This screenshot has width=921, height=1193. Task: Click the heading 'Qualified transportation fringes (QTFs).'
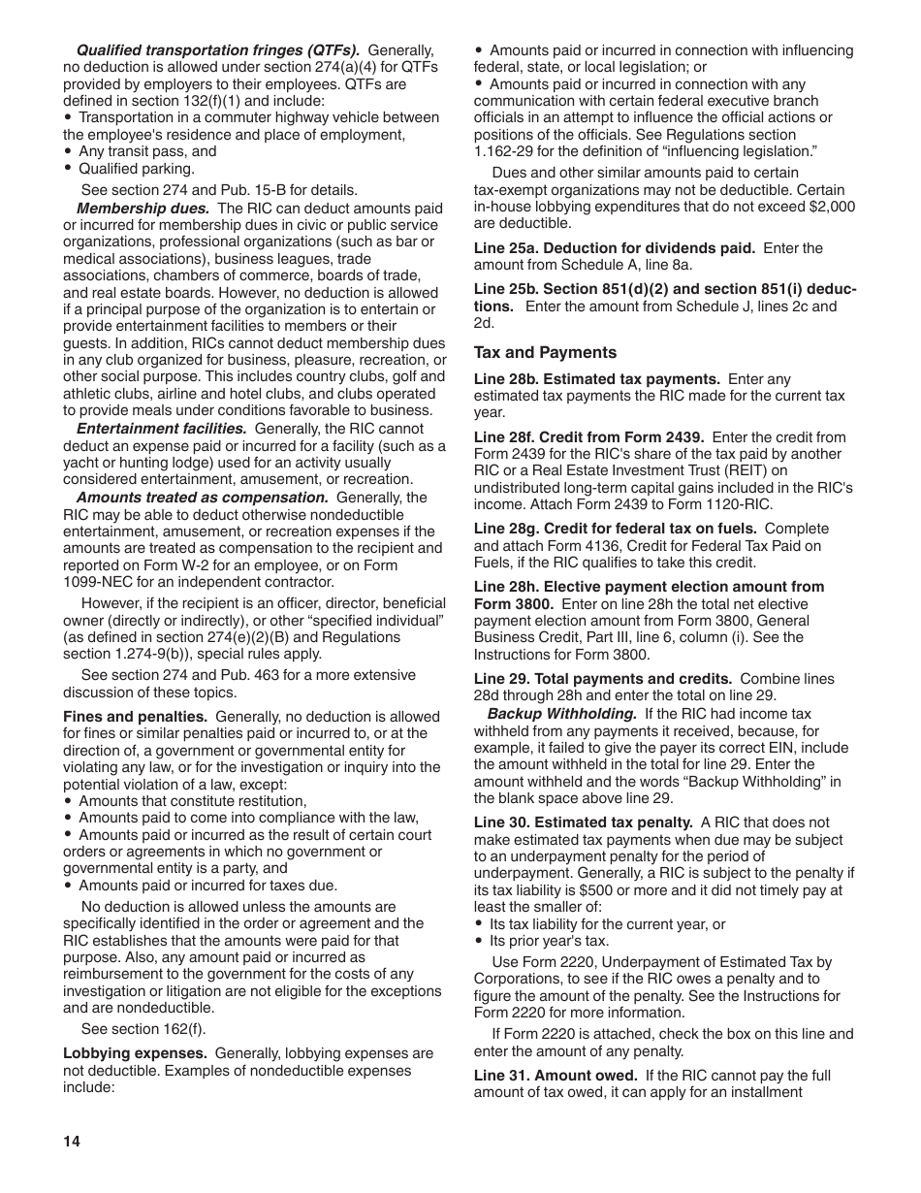tap(218, 50)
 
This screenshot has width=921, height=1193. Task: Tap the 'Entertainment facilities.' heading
tap(161, 429)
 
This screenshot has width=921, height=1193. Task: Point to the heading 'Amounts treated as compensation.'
tap(203, 498)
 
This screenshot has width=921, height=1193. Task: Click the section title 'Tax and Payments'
tap(545, 353)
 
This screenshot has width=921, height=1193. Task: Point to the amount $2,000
tap(832, 207)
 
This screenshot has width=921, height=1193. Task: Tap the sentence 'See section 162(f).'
tap(143, 1029)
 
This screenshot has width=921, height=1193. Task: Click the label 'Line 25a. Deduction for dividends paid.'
tap(615, 248)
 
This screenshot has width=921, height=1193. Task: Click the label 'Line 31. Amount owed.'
tap(556, 1076)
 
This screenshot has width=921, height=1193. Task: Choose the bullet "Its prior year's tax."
tap(549, 941)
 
